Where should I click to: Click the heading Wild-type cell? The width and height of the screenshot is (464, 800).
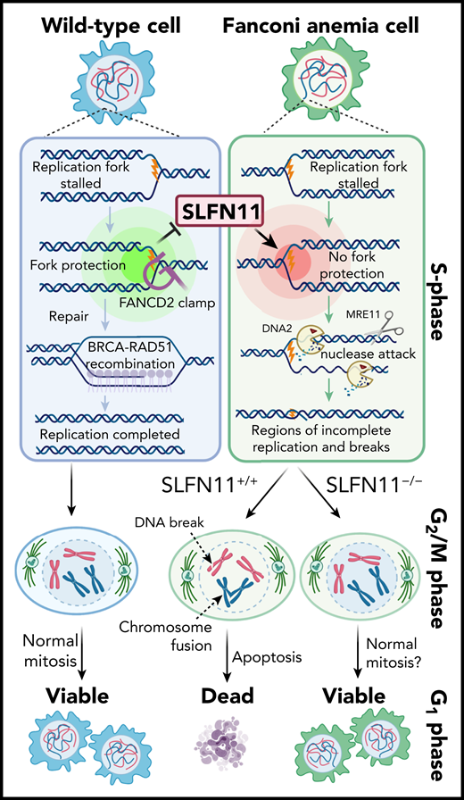[111, 17]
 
